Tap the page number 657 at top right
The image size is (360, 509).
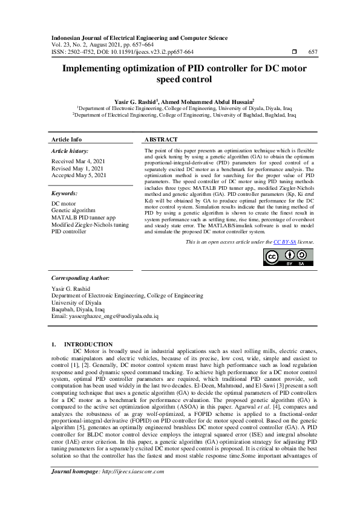313,52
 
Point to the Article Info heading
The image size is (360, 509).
67,139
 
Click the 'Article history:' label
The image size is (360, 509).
70,151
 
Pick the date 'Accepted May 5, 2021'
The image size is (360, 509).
79,175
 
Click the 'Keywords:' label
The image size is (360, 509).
64,193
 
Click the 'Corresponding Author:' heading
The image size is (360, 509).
80,294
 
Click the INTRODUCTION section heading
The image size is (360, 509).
88,344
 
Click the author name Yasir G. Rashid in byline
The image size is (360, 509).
135,101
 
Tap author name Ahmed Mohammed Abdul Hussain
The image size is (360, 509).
208,101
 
